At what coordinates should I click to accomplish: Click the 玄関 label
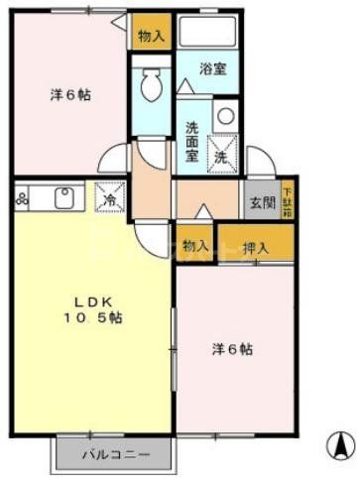pos(263,203)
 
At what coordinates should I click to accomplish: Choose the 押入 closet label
pos(256,247)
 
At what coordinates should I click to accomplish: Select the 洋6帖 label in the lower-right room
pos(232,349)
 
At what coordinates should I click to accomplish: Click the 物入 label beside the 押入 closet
pos(195,246)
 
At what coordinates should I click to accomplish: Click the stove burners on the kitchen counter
pos(22,198)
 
